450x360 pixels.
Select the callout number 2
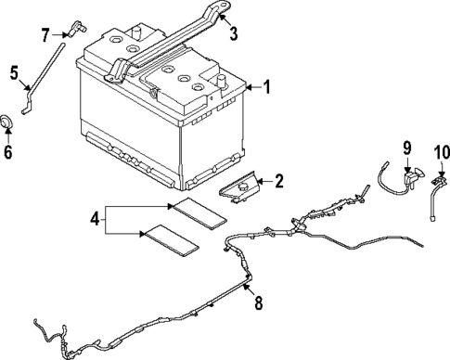click(277, 182)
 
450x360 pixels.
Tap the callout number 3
click(234, 36)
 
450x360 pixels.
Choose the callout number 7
click(45, 35)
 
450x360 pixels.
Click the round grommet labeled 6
click(8, 122)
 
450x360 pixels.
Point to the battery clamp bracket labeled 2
click(240, 188)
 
